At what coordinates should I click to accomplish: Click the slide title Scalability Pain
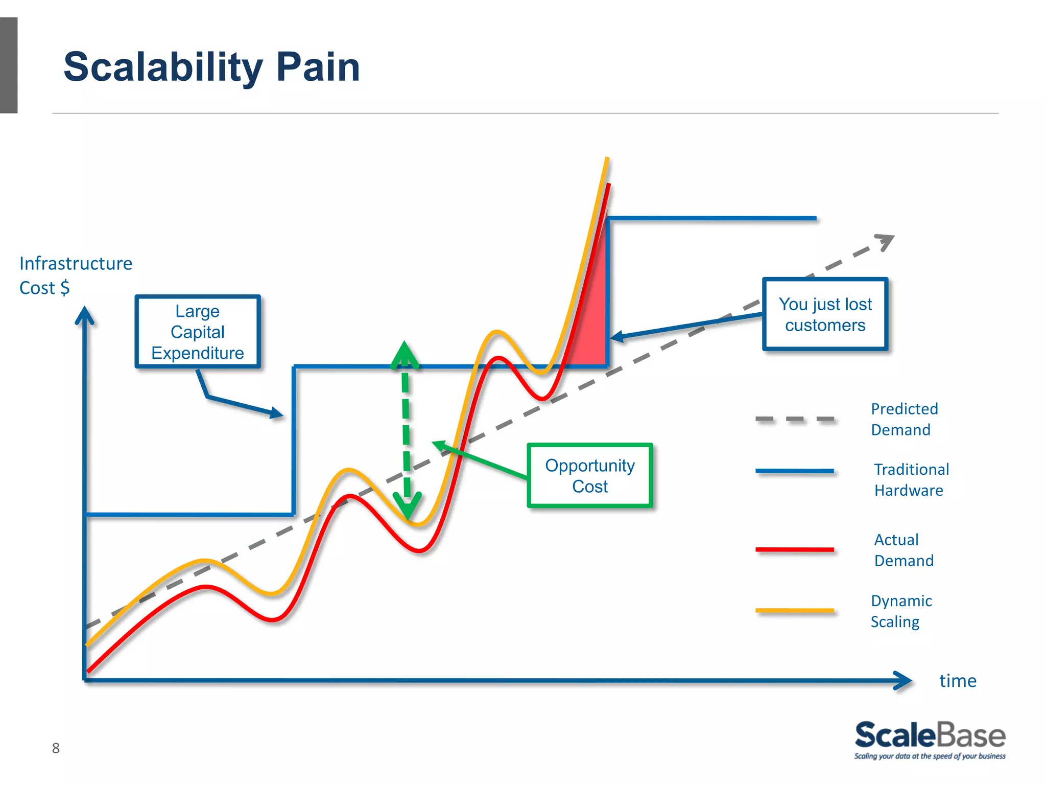tap(211, 67)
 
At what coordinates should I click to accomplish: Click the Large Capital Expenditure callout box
tap(198, 332)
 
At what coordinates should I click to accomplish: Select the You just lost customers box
tap(825, 314)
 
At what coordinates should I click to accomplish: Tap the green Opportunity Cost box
tap(590, 476)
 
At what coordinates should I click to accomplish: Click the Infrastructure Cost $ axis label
tap(75, 275)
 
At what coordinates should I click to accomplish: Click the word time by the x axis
tap(958, 681)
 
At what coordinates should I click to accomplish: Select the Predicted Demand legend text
tap(904, 419)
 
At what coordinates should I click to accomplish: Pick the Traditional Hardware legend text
tap(911, 479)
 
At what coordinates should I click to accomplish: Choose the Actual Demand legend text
tap(904, 550)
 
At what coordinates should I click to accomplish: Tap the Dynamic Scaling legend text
tap(901, 611)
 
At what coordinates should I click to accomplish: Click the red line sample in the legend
tap(794, 549)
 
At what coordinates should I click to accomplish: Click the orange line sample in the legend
tap(794, 610)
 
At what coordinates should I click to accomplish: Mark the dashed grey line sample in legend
tap(794, 419)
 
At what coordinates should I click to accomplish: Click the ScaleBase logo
tap(930, 739)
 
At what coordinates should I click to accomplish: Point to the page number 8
tap(56, 748)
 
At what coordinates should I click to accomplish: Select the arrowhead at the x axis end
tap(904, 680)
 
